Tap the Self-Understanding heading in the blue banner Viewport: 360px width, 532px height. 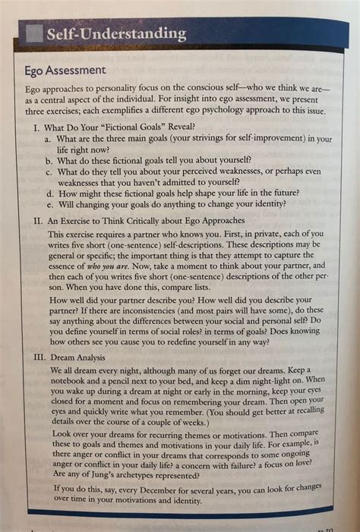115,33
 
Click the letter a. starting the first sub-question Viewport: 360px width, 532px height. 49,139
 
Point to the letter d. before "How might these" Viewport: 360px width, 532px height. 49,192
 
